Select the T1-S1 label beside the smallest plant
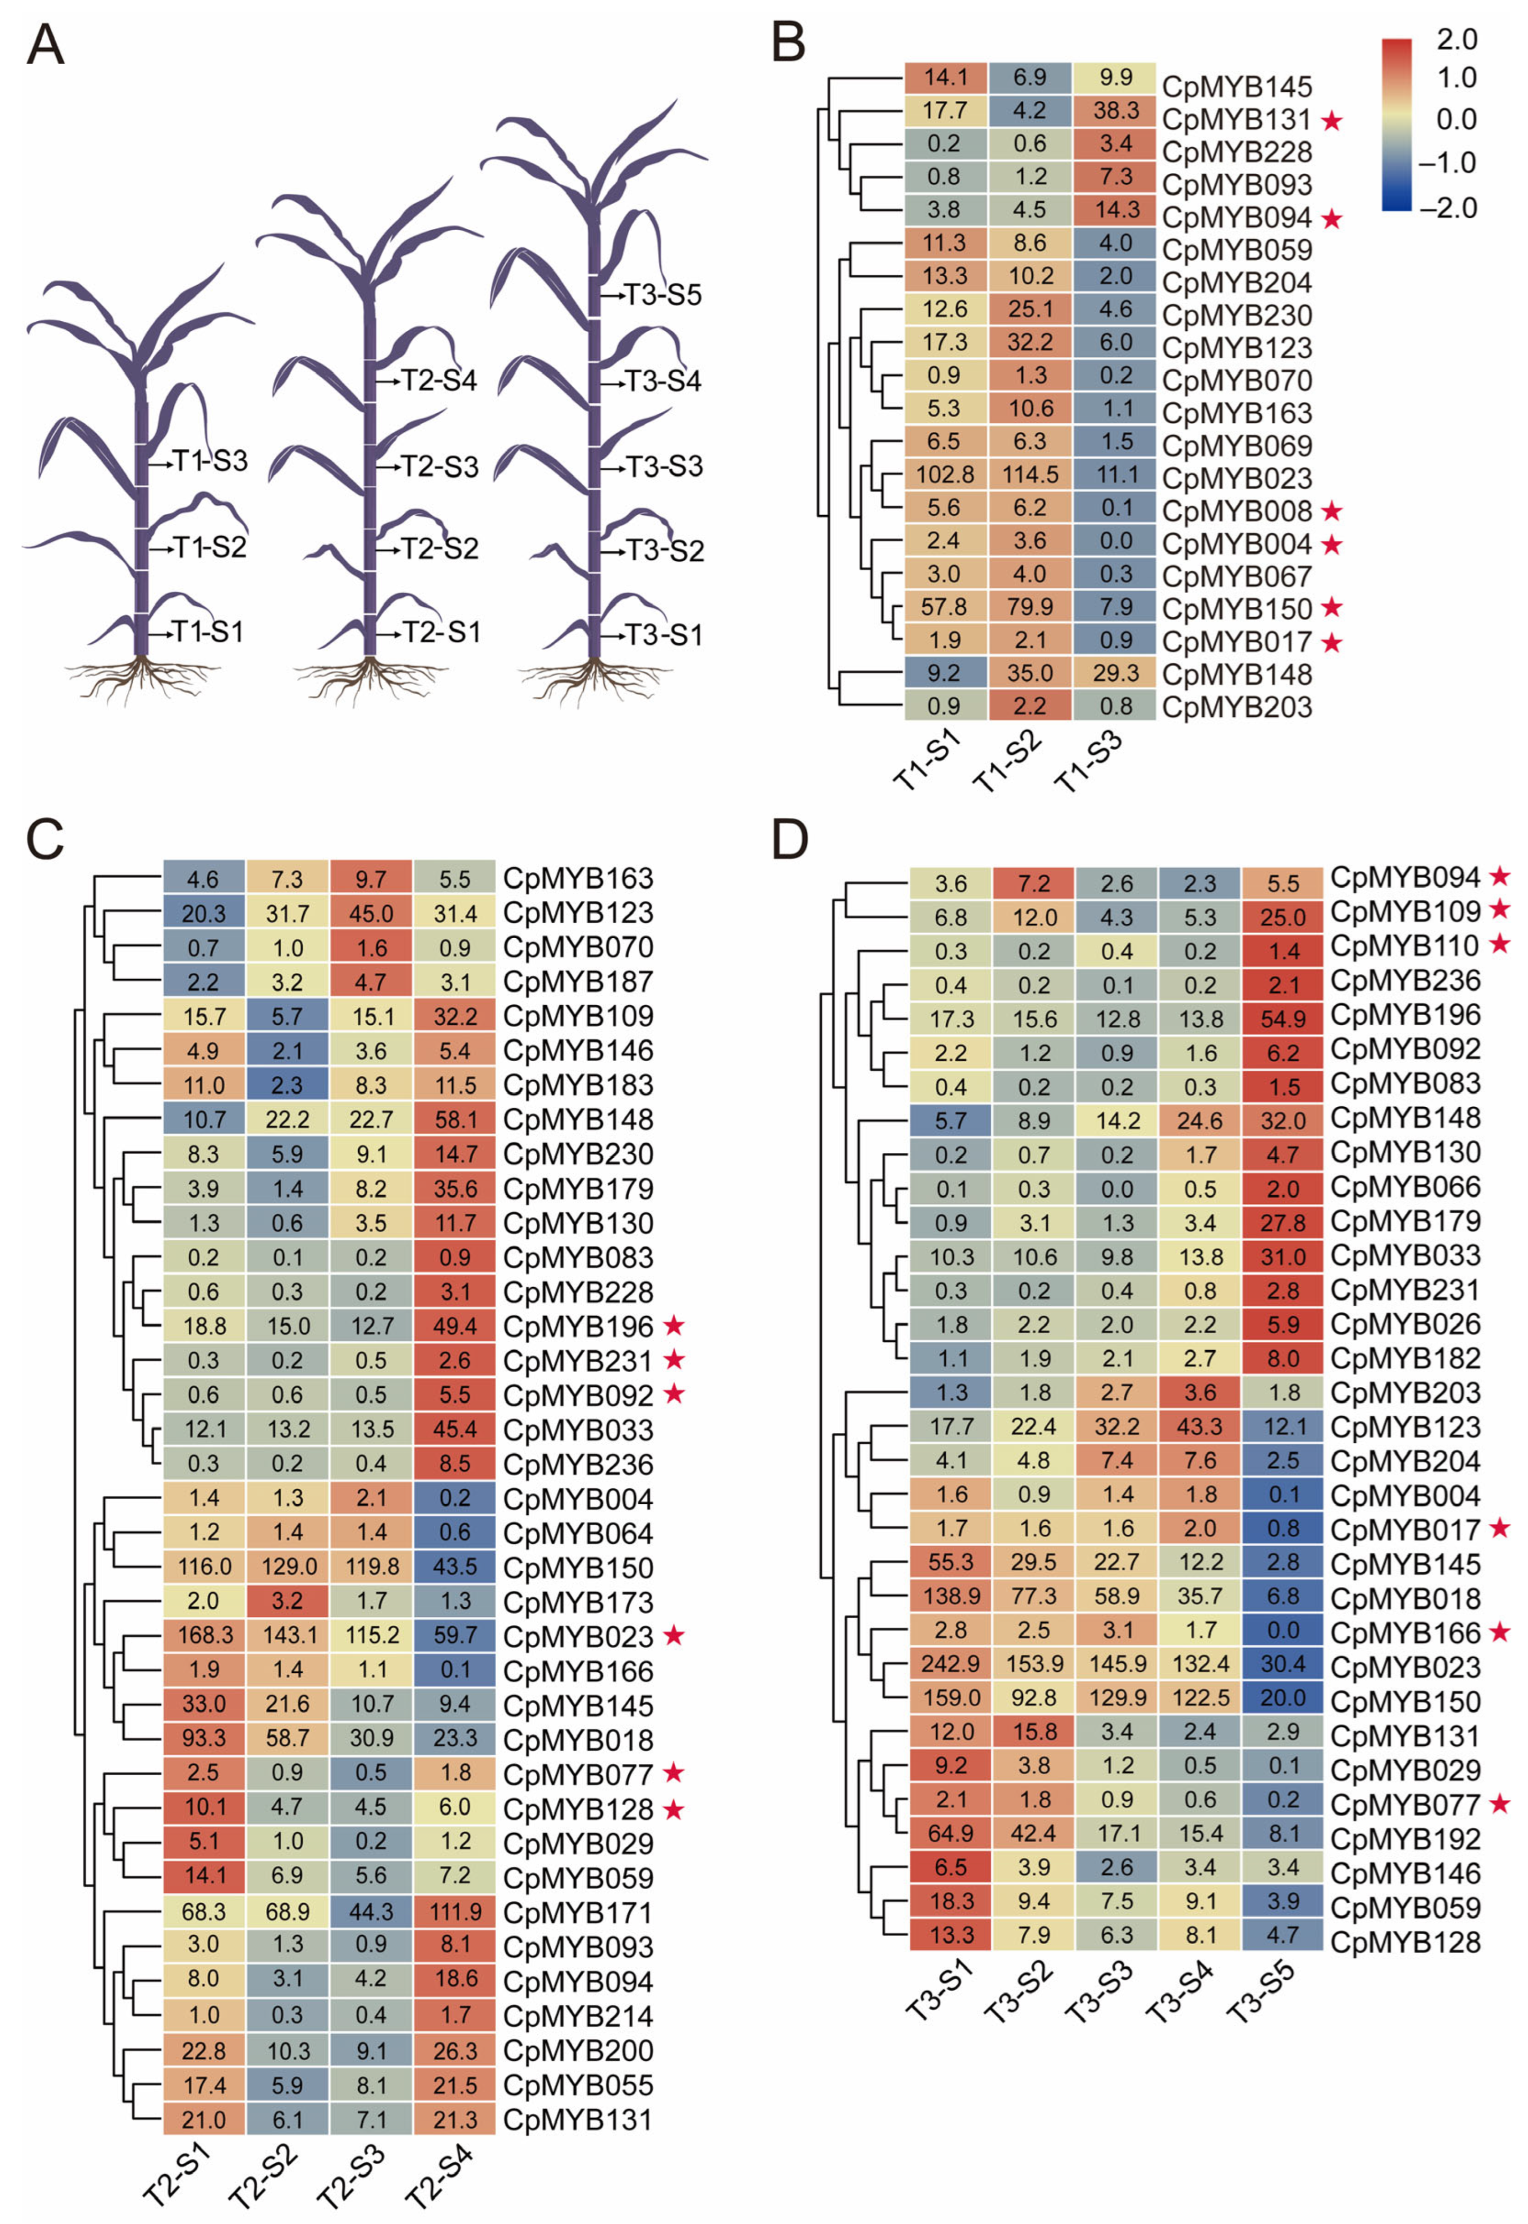click(208, 632)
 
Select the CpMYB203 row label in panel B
click(1236, 707)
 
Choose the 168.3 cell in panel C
click(204, 1636)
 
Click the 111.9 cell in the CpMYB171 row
click(455, 1912)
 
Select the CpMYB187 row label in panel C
click(578, 981)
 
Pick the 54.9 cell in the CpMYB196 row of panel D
click(1283, 1018)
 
